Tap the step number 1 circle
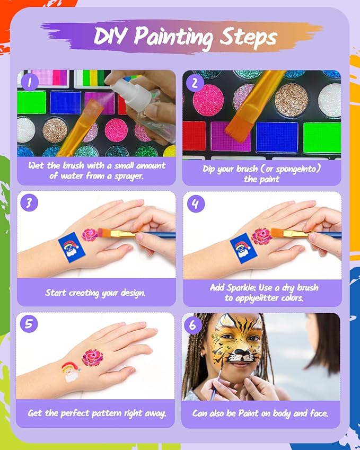(x=30, y=82)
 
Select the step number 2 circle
(x=194, y=82)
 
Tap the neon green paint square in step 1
(x=31, y=102)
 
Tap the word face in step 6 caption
(x=317, y=413)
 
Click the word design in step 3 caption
(x=130, y=293)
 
